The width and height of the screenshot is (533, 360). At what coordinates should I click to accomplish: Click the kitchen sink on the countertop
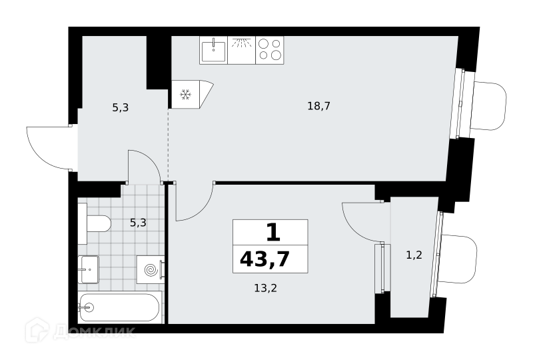point(213,51)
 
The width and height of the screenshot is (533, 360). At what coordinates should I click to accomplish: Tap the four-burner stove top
point(270,51)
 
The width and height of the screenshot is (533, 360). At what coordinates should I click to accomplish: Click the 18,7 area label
point(319,106)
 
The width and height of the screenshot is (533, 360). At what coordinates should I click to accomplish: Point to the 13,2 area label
point(265,288)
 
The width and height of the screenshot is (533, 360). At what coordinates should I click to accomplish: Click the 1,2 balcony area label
point(414,255)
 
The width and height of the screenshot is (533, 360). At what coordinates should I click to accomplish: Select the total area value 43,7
point(265,259)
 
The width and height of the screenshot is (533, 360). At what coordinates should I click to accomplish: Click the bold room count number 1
point(272,233)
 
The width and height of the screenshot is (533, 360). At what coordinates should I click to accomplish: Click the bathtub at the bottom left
point(119,307)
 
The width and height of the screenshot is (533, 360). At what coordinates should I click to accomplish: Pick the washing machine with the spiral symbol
point(151,270)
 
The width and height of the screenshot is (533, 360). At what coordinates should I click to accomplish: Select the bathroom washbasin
point(89,269)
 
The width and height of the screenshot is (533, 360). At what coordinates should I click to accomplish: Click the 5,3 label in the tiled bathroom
point(138,223)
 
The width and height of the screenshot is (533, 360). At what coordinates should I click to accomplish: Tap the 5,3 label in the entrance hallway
point(121,108)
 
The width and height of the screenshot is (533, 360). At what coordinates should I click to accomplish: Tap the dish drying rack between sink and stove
point(242,51)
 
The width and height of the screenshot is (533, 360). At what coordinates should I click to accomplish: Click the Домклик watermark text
point(94,332)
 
